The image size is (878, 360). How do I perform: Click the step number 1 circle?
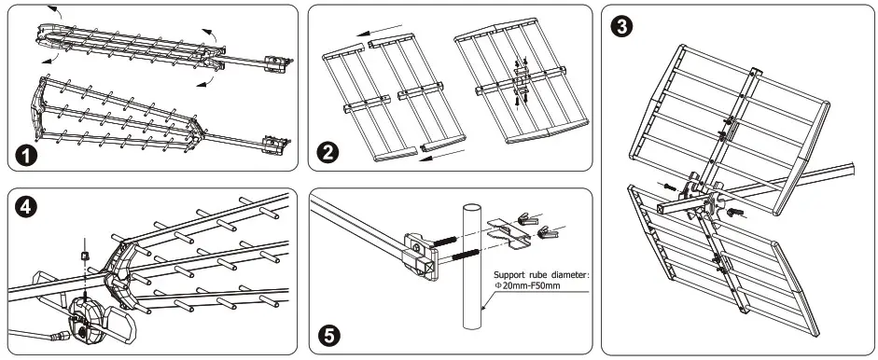coord(26,155)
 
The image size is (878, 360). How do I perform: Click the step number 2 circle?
coord(327,152)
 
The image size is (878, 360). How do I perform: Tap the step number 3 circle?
coord(621,27)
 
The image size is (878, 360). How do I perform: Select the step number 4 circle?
coord(26,207)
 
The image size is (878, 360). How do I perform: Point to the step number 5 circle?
coord(328,336)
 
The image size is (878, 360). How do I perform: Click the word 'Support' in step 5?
coord(508,275)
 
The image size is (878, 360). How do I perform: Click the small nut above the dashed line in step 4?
coord(85,256)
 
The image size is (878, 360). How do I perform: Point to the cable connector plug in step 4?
coord(61,337)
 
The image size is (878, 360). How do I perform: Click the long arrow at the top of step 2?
coord(382,33)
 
